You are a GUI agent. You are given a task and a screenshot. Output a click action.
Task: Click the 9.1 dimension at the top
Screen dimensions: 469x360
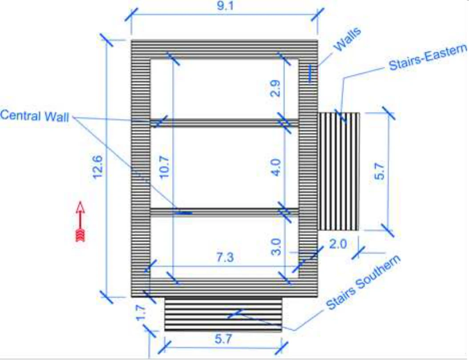pos(225,6)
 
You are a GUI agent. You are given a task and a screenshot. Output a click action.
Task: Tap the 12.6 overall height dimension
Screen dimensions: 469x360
pos(98,167)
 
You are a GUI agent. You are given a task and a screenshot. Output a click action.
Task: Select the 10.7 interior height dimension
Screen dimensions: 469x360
pos(164,167)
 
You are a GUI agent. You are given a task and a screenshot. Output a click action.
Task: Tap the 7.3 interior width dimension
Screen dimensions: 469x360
pos(225,257)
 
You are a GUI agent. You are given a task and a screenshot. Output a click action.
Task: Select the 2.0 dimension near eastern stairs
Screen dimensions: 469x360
pos(338,244)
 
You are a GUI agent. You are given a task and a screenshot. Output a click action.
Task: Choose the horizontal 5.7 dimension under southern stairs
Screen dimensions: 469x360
pos(223,339)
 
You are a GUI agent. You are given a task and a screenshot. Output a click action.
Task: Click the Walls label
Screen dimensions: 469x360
pos(347,39)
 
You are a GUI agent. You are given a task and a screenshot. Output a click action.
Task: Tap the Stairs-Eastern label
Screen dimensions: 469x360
pos(428,57)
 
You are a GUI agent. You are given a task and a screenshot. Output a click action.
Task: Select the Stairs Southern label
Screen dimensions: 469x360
pos(363,282)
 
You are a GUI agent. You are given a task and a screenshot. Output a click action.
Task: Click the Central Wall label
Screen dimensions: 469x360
pos(35,116)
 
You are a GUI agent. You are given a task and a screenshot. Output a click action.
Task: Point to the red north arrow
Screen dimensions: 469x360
pos(80,221)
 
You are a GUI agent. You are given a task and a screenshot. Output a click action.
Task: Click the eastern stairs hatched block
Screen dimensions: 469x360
pos(338,171)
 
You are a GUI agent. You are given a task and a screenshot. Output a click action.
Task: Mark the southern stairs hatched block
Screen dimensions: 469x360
pos(223,314)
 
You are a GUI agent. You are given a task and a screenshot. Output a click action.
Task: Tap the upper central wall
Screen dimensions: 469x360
pos(224,122)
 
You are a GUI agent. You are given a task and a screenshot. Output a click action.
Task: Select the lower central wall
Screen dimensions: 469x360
pos(224,212)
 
